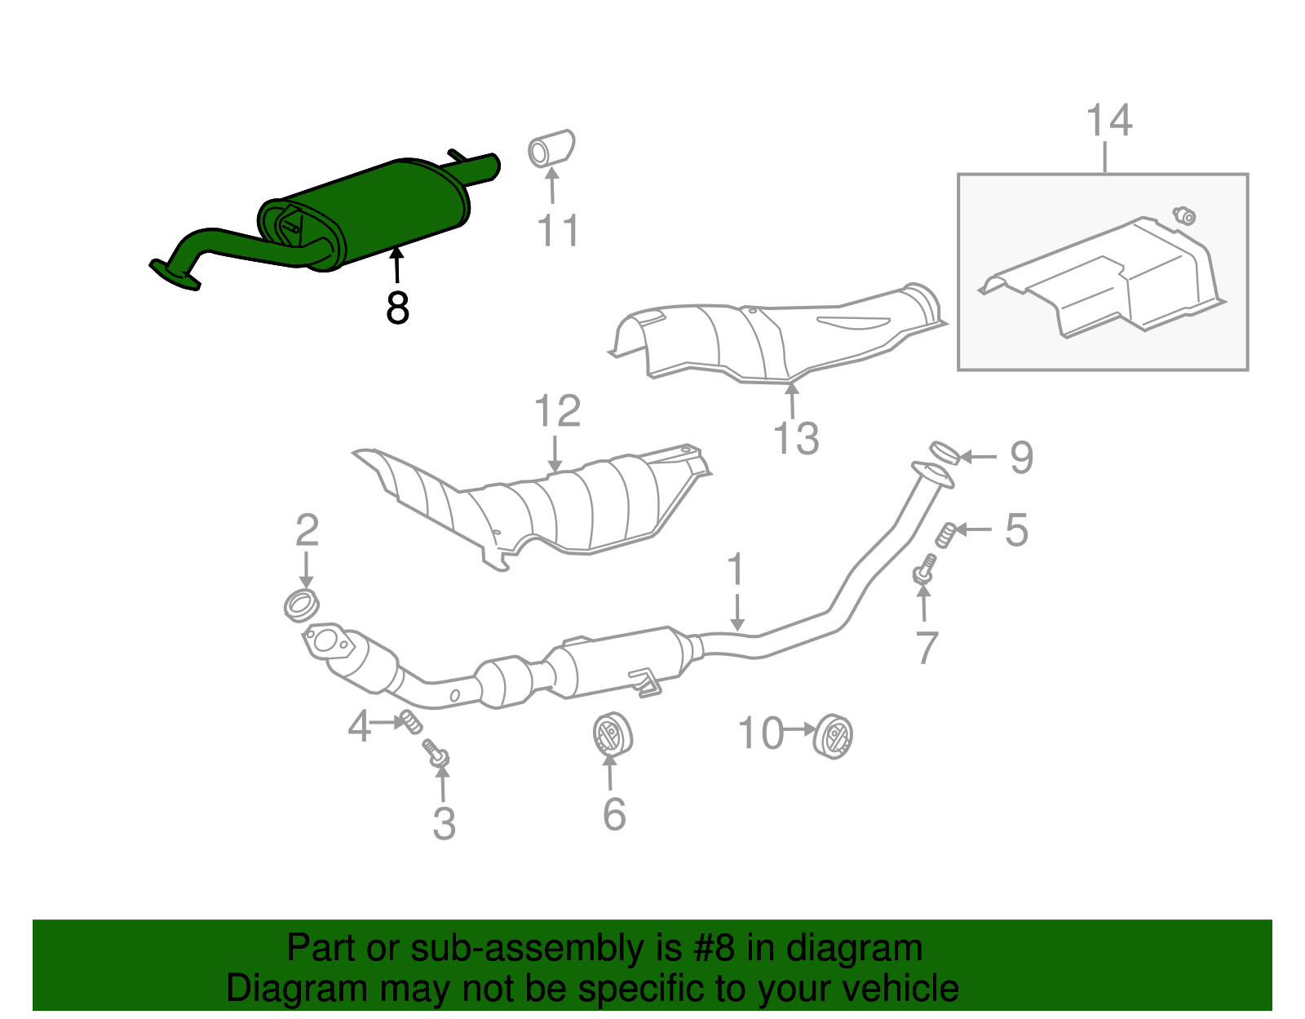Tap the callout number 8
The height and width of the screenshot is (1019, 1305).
click(397, 308)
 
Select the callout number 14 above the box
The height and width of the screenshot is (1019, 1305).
click(1108, 121)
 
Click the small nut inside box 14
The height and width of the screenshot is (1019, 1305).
click(1184, 215)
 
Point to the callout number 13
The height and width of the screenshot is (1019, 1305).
click(795, 438)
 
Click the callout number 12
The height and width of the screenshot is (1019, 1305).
click(557, 411)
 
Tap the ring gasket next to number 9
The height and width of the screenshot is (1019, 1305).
click(944, 451)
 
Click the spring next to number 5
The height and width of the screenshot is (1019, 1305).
click(945, 534)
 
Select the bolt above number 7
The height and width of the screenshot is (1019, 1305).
click(924, 569)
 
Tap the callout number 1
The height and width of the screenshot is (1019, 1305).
click(736, 569)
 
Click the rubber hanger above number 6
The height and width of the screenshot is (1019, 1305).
click(612, 733)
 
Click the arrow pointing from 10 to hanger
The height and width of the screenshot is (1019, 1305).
click(799, 729)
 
